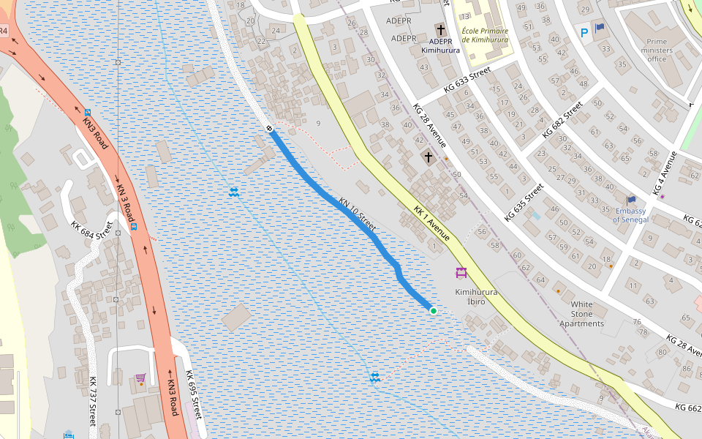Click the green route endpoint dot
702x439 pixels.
[433, 311]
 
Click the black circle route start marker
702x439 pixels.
[269, 129]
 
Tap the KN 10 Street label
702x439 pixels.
[358, 214]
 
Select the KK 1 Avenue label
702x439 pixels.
[431, 223]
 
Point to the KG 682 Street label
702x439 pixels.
[562, 121]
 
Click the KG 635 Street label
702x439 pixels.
[524, 202]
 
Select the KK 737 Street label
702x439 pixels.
[93, 401]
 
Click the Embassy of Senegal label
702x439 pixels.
[630, 215]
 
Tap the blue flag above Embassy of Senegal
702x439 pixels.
[630, 200]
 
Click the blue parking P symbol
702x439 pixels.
[584, 32]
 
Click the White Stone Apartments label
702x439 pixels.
[582, 314]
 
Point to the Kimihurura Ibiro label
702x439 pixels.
[476, 296]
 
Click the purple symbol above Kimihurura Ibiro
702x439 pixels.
[461, 274]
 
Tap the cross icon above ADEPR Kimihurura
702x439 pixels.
[441, 30]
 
